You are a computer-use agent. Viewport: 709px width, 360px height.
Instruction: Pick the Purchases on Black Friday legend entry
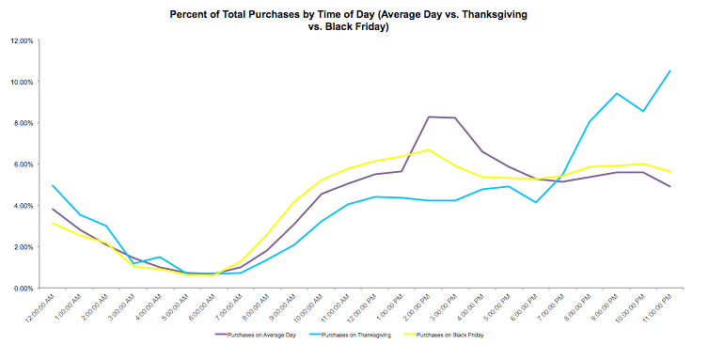click(x=458, y=333)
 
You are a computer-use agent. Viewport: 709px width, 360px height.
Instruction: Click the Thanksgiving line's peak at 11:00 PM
click(x=670, y=70)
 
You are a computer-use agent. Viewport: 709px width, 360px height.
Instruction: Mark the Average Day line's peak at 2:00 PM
click(x=429, y=117)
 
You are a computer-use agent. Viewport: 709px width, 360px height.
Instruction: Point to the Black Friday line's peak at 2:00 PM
click(x=429, y=149)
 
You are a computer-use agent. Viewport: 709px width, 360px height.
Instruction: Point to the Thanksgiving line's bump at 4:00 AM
click(x=159, y=257)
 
